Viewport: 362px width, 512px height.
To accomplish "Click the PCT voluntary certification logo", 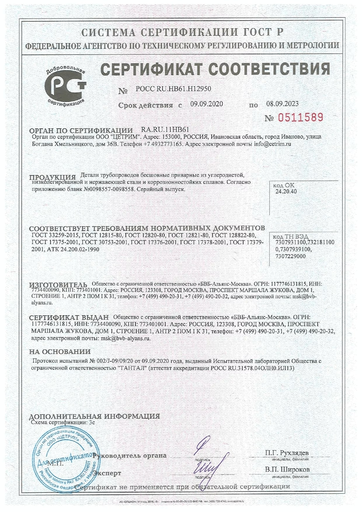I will (x=66, y=86).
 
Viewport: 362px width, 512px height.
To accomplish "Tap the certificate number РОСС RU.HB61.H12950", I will (x=173, y=89).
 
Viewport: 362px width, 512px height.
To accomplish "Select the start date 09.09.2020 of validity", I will (x=206, y=104).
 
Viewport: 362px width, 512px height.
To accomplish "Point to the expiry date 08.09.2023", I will (x=282, y=104).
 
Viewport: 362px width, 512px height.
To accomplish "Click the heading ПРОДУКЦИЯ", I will (x=53, y=177).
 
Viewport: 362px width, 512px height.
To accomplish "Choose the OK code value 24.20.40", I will (x=286, y=191).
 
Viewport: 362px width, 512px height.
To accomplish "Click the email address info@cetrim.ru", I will (x=272, y=144).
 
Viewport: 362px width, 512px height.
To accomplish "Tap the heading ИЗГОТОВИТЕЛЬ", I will (x=58, y=285).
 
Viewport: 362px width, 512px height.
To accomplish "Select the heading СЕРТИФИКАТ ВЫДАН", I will (x=69, y=317).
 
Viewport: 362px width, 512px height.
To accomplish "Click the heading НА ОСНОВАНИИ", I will (x=60, y=351).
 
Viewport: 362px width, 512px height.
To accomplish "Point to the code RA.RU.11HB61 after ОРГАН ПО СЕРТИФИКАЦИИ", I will (x=165, y=130).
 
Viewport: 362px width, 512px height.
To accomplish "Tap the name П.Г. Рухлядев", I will (x=287, y=453).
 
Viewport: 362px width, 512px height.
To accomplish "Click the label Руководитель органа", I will (x=129, y=455).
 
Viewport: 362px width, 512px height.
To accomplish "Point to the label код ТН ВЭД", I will (x=290, y=236).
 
